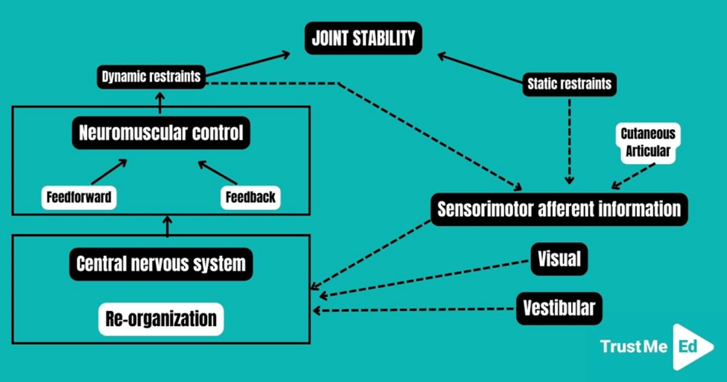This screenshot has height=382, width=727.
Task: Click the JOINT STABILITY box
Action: point(363,38)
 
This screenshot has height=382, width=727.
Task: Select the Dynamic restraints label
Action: point(151,77)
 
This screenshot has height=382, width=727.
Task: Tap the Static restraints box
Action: point(569,84)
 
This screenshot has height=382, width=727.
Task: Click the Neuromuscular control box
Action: point(161,132)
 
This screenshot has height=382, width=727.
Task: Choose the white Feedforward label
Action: point(79,197)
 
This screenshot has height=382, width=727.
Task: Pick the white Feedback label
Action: point(250,197)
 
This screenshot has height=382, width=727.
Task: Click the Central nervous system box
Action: point(161,264)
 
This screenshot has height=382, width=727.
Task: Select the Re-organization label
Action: point(161,319)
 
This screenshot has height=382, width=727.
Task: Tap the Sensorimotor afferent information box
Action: point(559,209)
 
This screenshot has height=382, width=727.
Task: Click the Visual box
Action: point(559,259)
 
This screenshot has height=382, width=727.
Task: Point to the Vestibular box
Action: point(559,308)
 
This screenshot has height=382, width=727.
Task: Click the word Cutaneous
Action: point(648,134)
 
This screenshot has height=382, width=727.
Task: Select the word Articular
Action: point(648,151)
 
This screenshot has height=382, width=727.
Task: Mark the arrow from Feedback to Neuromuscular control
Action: point(218,172)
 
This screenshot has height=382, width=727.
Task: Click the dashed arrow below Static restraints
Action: point(569,141)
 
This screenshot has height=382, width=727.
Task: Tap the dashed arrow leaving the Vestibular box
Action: point(414,310)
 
